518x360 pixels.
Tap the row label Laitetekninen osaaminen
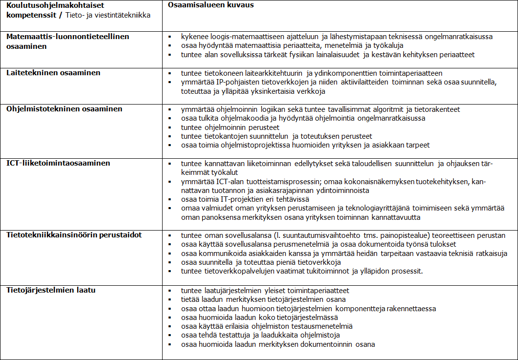(53, 73)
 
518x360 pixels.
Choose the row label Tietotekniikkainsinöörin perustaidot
(74, 235)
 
